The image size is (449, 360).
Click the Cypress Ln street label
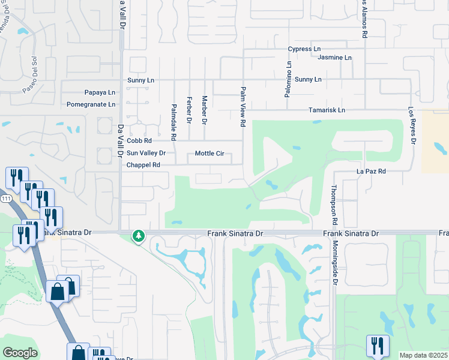tap(304, 49)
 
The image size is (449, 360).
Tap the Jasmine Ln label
tap(335, 58)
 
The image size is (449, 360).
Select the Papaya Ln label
tap(99, 92)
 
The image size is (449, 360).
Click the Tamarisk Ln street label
tap(327, 110)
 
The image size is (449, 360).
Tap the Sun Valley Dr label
tap(146, 153)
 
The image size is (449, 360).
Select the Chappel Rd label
tap(143, 165)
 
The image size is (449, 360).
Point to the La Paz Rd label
tap(371, 171)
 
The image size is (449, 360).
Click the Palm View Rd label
tap(244, 106)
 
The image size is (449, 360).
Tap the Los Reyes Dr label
tap(412, 126)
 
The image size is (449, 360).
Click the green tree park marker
tap(139, 236)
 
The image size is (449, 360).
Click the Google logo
tap(20, 353)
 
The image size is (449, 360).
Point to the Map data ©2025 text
tap(423, 355)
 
